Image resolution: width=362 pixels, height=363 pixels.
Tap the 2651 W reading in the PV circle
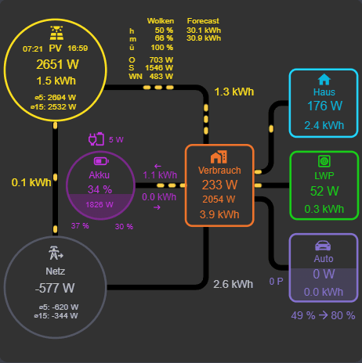point(57,64)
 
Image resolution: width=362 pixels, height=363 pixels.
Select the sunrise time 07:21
point(33,49)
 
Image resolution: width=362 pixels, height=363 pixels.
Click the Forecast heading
point(203,21)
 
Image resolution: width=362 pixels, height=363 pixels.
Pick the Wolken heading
point(160,21)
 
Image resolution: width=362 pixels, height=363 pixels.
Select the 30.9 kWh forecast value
point(204,38)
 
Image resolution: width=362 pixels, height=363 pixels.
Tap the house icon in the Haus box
point(324,79)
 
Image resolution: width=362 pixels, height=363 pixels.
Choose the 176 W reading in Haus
point(324,106)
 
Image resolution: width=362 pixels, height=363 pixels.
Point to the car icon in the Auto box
point(324,244)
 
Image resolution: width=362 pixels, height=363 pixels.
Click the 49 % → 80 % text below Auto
point(324,315)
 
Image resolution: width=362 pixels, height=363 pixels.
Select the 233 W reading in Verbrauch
point(219,185)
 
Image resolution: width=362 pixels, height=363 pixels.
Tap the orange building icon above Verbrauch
point(219,156)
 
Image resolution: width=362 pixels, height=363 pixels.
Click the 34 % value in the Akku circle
point(100,189)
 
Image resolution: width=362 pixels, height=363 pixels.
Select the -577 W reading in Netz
point(55,287)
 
